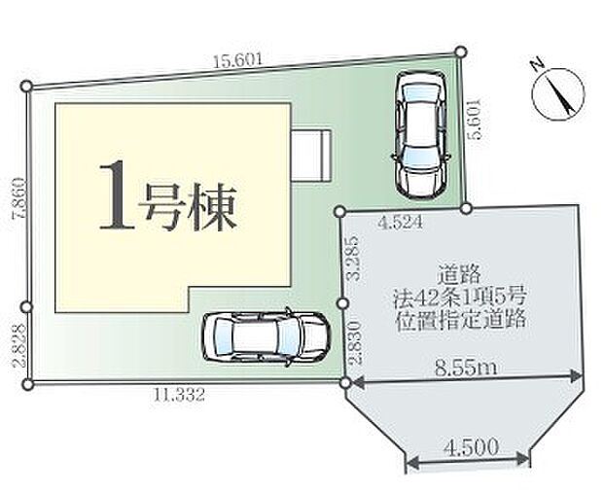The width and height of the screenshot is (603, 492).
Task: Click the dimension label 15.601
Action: click(239, 60)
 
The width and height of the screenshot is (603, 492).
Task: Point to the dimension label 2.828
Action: click(17, 344)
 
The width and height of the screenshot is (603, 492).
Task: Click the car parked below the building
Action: click(262, 336)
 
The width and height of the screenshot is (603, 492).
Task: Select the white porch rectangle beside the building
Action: click(313, 155)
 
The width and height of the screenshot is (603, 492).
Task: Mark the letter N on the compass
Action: click(537, 67)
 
